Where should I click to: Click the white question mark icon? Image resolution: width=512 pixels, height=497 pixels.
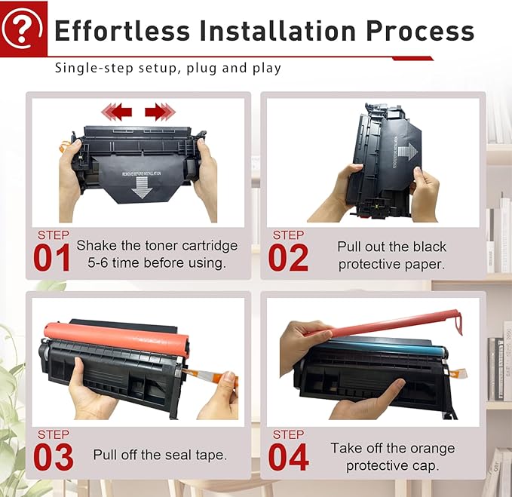[23, 28]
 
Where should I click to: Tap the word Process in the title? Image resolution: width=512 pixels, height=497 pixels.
[420, 31]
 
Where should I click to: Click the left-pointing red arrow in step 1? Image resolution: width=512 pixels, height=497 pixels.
[117, 112]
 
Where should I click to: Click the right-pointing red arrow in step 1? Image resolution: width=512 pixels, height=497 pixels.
[160, 112]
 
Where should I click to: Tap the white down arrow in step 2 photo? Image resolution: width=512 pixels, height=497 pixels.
[407, 152]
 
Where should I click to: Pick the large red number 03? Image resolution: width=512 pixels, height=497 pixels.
[53, 457]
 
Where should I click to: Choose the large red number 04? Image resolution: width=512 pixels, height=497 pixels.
[288, 457]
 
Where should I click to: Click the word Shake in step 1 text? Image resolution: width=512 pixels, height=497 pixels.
[96, 246]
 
